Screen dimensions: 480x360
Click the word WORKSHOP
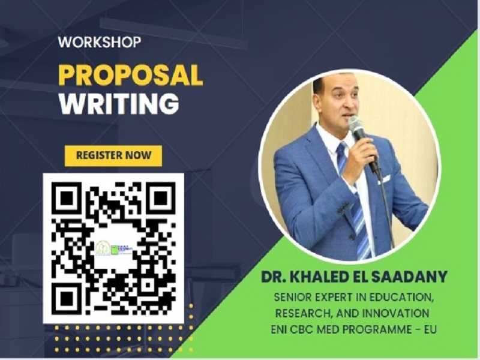coord(100,42)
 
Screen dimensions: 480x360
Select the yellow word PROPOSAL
coord(131,76)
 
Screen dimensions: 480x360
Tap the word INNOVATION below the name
coord(395,313)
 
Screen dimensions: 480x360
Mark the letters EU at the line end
coord(430,329)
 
